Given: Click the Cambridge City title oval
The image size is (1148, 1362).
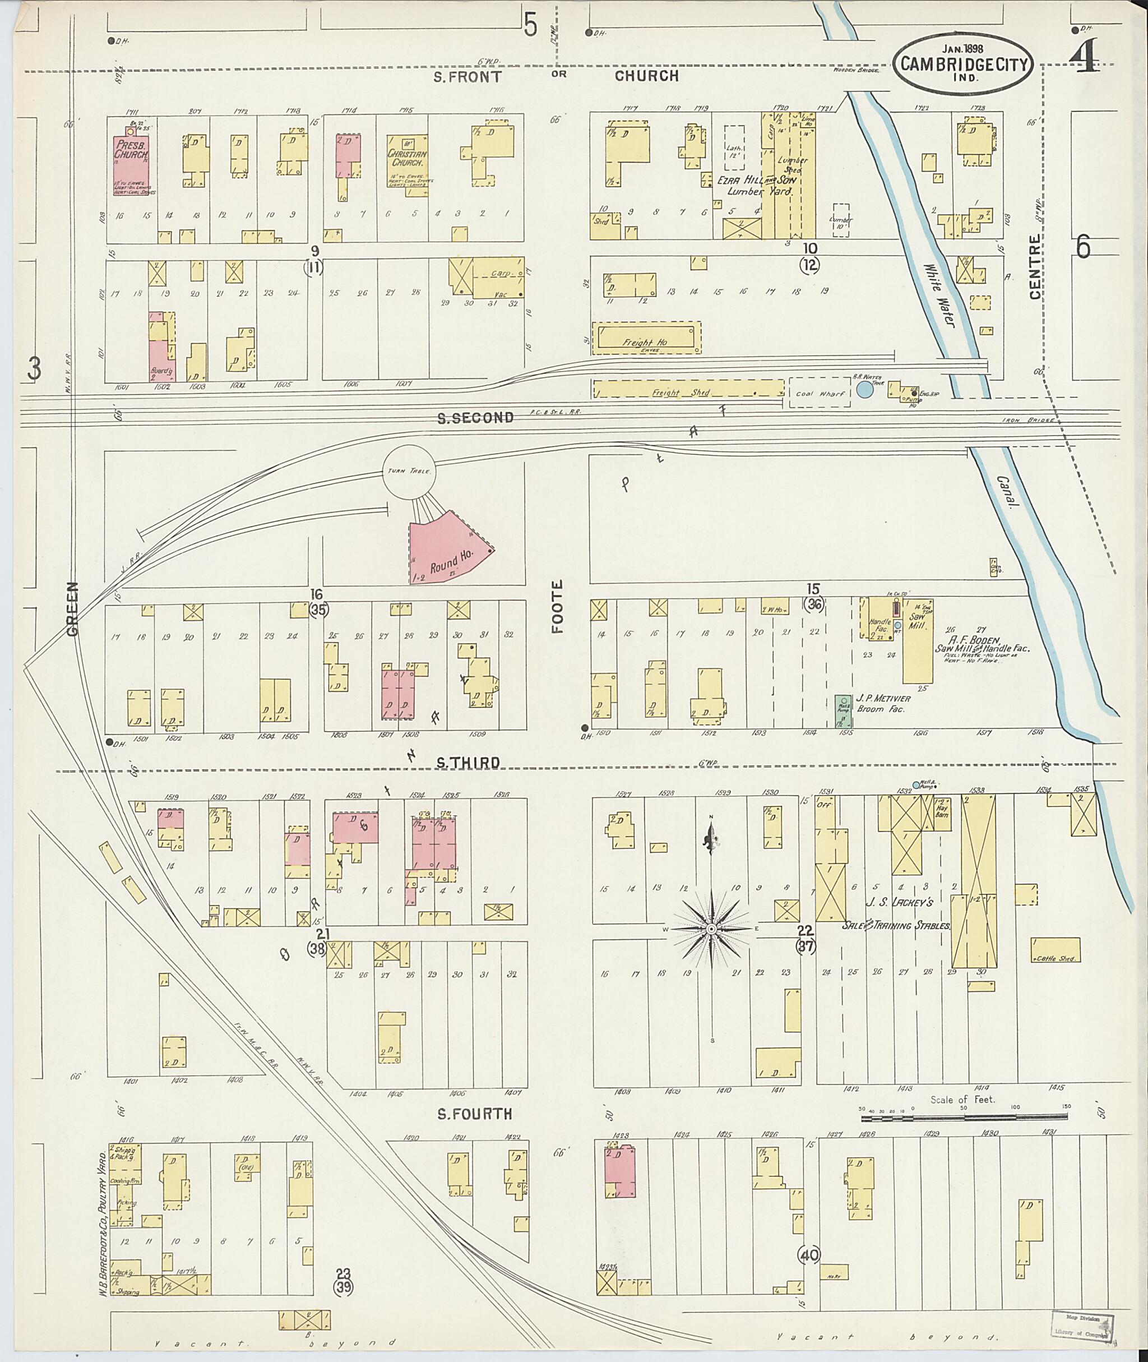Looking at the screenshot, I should [961, 64].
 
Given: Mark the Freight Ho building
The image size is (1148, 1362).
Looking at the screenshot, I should [646, 337].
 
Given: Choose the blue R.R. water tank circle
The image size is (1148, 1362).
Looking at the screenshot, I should [864, 389].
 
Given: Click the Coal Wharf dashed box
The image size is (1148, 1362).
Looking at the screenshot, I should [820, 393].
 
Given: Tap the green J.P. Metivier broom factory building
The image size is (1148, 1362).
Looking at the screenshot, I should [844, 711].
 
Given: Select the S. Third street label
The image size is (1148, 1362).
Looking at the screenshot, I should [467, 763].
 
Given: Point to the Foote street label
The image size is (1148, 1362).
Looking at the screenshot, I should [558, 615].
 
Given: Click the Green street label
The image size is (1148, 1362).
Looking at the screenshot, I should [72, 609].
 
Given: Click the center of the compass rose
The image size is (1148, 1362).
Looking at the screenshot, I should [712, 929].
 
